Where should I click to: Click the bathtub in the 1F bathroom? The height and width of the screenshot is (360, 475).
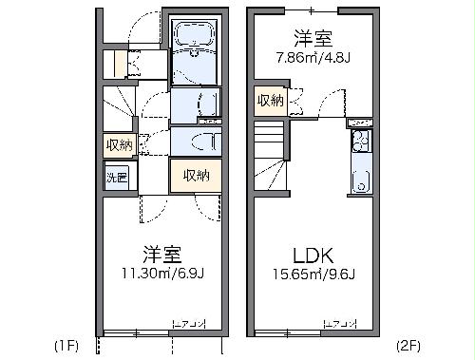(x=195, y=43)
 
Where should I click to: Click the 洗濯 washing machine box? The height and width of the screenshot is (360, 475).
(x=116, y=178)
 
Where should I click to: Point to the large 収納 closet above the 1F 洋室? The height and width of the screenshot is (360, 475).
(x=196, y=175)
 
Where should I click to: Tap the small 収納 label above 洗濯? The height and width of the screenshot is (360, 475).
(x=119, y=144)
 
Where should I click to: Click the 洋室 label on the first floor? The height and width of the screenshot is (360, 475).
(x=161, y=255)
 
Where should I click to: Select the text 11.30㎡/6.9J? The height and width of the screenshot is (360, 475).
(x=161, y=275)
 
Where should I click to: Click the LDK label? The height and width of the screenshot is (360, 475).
(x=311, y=255)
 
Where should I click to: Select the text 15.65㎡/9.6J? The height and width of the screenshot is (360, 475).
(x=311, y=275)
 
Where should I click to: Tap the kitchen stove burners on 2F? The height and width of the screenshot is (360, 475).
(x=359, y=144)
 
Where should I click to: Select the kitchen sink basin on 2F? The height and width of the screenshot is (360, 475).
(x=359, y=180)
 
